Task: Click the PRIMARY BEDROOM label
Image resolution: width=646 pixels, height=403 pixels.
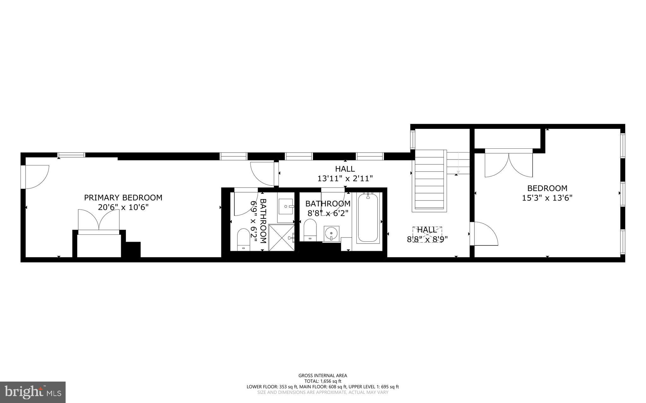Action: coord(123,198)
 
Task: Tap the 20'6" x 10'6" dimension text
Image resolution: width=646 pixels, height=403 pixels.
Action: coord(123,207)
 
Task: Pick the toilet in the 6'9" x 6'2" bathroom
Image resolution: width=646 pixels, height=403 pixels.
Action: coord(243,239)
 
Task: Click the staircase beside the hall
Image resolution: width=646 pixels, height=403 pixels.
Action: coord(429,180)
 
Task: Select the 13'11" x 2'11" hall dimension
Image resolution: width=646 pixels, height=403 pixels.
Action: coord(345,179)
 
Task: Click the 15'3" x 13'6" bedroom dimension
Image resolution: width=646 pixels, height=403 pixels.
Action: coord(547,198)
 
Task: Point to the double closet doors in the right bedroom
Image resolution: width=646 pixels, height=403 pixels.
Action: coord(508,164)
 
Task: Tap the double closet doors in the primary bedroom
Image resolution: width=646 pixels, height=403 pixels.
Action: coord(99,220)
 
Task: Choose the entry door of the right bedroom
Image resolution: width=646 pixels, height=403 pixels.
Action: coord(484,233)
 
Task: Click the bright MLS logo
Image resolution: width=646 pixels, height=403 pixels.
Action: coord(33,392)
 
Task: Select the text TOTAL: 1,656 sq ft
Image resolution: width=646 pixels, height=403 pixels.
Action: coord(323,381)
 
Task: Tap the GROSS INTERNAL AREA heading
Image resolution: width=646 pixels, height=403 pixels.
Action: coord(323,375)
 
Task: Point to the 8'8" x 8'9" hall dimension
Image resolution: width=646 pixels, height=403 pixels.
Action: coord(427,239)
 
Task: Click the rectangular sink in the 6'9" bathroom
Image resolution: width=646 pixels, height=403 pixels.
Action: coord(286,206)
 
